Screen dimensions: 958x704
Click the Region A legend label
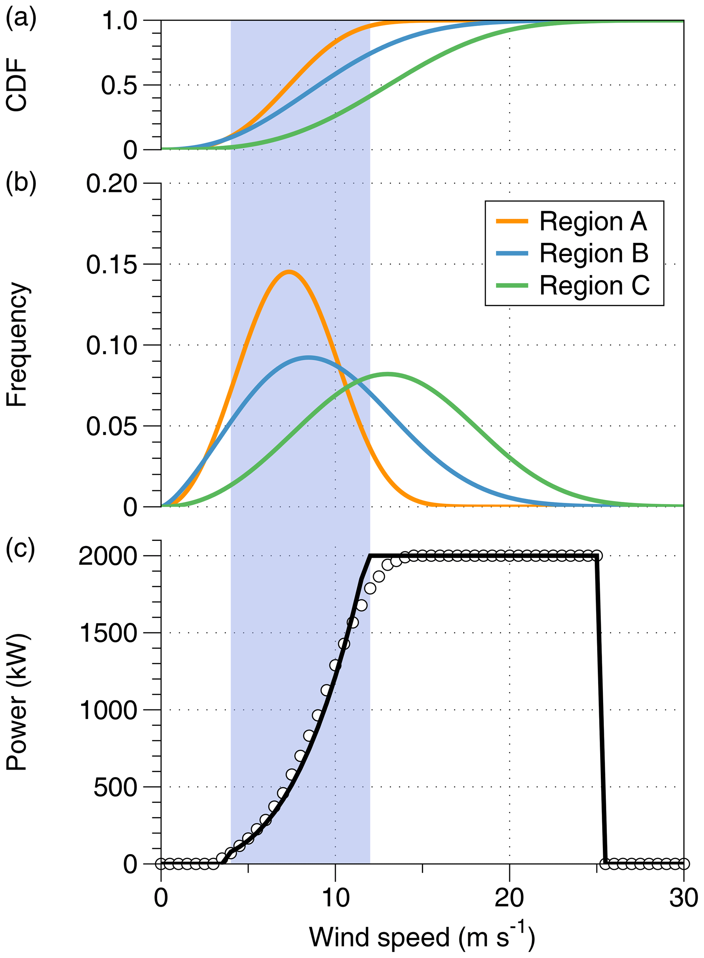pos(593,222)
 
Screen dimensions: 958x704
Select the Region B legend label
pos(594,253)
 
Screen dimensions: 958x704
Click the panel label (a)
pos(20,18)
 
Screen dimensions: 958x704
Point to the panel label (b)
pos(20,182)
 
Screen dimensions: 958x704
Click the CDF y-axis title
pos(17,85)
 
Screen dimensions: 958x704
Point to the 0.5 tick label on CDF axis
pos(119,86)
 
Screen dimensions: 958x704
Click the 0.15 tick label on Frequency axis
pos(112,265)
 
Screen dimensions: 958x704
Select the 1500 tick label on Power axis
pos(108,633)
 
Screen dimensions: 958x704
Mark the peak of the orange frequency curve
pos(289,272)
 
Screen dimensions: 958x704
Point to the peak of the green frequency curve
pos(388,374)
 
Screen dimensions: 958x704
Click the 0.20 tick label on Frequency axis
pos(112,184)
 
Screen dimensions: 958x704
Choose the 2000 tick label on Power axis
pos(108,557)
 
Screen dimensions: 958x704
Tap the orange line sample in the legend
pos(512,221)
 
